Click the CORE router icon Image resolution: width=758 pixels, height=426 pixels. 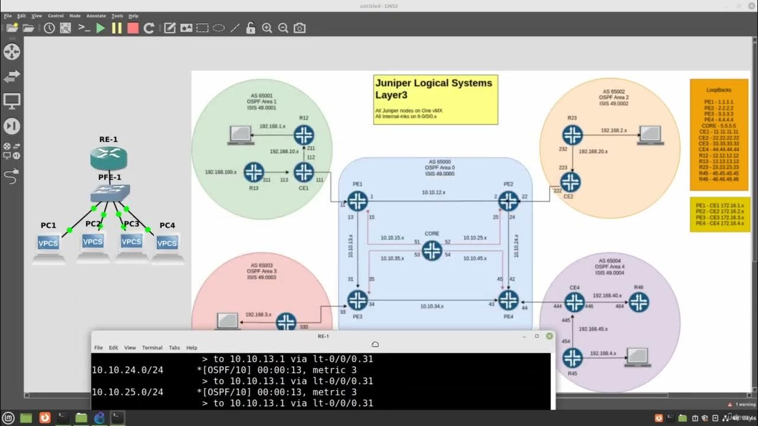click(x=432, y=250)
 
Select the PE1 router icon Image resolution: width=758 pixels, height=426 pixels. click(x=358, y=201)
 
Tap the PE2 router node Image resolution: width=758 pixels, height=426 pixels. click(x=509, y=201)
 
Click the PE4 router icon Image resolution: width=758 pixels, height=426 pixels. click(x=509, y=300)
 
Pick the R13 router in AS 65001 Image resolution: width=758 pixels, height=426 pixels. click(x=253, y=172)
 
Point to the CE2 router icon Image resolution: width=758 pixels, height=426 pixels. click(x=571, y=182)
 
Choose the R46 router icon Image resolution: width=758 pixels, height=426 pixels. click(x=638, y=302)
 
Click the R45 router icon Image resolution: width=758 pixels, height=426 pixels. click(x=572, y=357)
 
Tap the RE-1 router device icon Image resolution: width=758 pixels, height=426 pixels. click(x=108, y=157)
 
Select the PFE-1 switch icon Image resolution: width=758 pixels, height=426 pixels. click(x=110, y=193)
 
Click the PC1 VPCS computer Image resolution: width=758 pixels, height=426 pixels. click(x=49, y=246)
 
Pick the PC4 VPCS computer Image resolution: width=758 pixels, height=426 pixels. click(x=167, y=245)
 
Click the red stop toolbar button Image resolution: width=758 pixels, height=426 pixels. click(x=133, y=28)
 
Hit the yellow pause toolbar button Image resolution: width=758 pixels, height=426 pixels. click(x=117, y=28)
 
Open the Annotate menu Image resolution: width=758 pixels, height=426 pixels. click(x=96, y=16)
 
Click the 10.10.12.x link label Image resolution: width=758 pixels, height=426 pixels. click(x=433, y=192)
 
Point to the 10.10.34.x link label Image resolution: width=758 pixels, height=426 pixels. click(x=432, y=306)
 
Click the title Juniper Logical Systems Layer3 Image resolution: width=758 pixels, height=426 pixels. click(x=433, y=89)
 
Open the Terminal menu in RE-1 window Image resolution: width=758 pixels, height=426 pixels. click(x=152, y=348)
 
